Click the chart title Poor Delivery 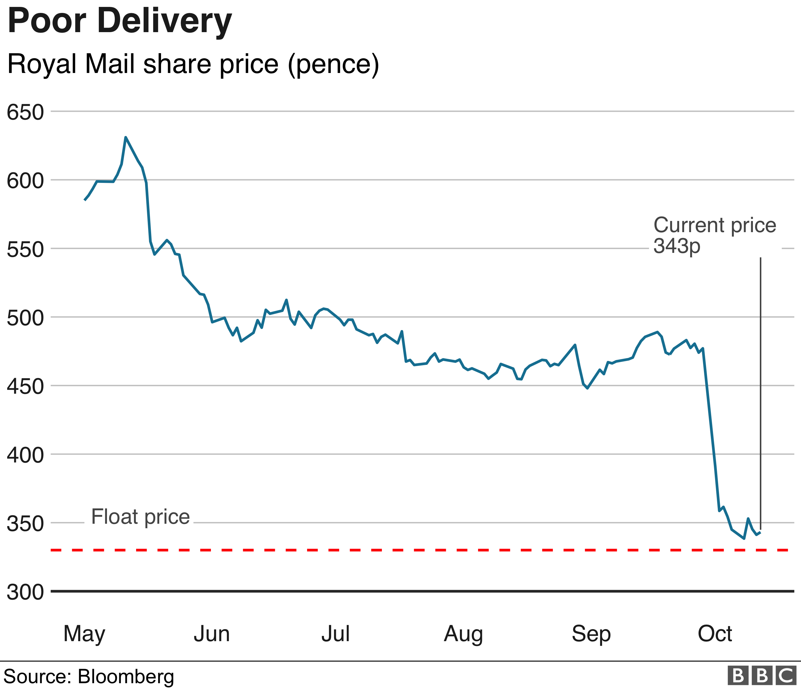point(120,22)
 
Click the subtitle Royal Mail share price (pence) point(193,64)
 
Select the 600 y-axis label point(25,181)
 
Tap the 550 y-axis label point(25,250)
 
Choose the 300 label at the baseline point(25,592)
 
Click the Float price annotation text point(140,517)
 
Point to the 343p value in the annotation point(677,245)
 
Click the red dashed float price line point(387,550)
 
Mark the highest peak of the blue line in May point(126,137)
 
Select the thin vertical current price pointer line point(760,386)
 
